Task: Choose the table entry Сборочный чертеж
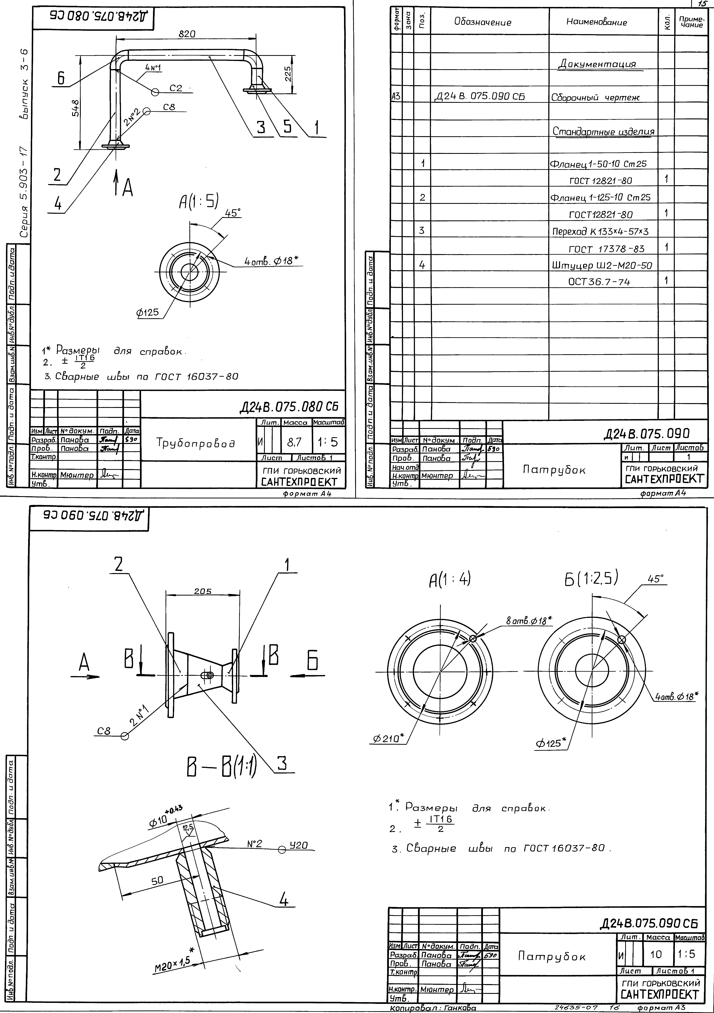595,97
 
